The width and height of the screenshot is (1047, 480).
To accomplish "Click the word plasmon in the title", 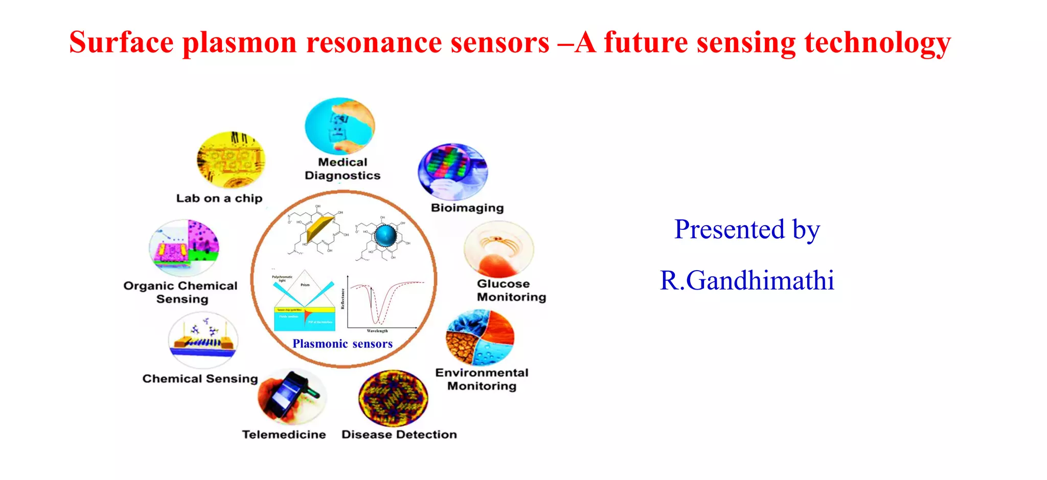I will [239, 43].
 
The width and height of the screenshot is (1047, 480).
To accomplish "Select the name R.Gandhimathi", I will [747, 280].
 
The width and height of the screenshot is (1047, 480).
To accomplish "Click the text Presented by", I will [747, 229].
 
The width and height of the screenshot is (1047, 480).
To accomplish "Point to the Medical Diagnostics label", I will [343, 169].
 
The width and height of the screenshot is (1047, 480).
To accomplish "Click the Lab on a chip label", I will [219, 198].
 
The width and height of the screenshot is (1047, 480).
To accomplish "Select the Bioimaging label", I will [467, 208].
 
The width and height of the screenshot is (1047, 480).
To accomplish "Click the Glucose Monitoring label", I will [511, 291].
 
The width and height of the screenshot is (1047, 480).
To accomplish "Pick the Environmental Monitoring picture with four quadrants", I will [480, 338].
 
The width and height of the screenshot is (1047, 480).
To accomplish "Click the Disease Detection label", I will [399, 435].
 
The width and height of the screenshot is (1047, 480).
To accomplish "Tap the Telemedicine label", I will [284, 435].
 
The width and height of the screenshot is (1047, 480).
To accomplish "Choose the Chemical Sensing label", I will [200, 379].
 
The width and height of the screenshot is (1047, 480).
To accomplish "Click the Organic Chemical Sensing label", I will [181, 293].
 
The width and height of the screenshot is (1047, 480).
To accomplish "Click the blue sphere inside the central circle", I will [385, 235].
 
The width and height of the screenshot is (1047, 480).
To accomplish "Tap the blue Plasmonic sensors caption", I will [343, 344].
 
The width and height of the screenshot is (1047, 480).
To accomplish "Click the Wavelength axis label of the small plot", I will [377, 331].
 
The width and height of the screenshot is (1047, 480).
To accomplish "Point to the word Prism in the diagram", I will [305, 285].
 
